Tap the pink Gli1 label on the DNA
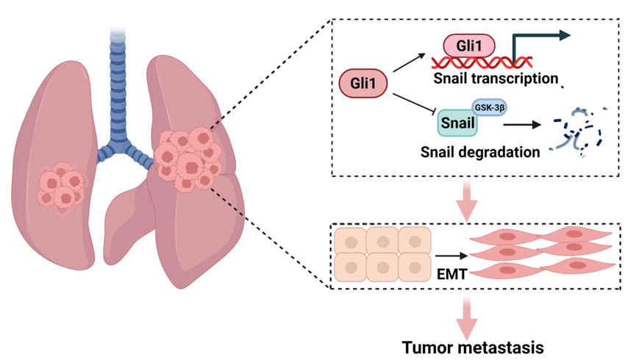point(468,46)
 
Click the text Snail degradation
point(481,152)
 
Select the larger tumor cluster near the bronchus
point(188,156)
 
